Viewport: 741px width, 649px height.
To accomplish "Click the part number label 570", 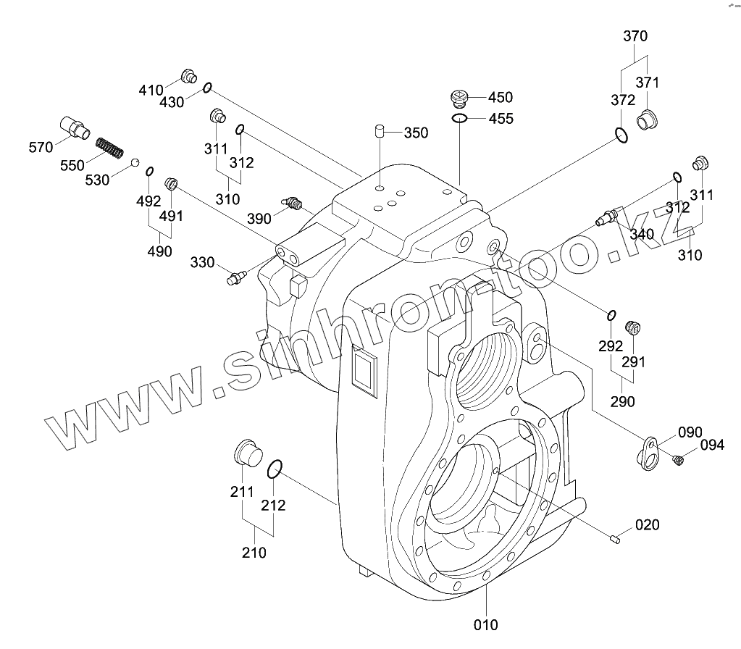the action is tap(41, 147).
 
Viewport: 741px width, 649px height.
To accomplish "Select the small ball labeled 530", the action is tap(135, 161).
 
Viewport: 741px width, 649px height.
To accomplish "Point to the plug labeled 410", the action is tap(188, 75).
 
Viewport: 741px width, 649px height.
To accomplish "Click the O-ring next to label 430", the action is tap(207, 88).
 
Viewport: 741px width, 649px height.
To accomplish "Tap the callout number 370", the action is tap(635, 36).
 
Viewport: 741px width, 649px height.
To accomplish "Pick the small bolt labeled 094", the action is tap(679, 459).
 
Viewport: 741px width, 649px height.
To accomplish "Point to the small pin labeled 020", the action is tap(615, 537).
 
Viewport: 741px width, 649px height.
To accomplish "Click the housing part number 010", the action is tap(486, 624).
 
